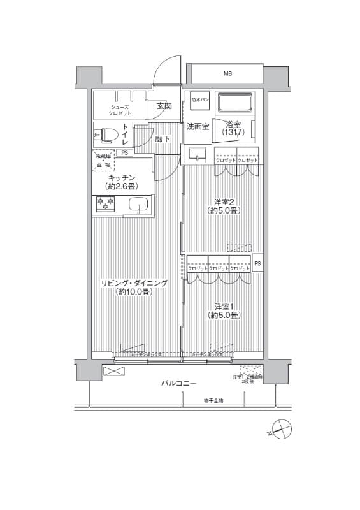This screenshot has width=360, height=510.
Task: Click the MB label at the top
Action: (x=227, y=75)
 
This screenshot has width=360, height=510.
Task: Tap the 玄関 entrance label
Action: (x=164, y=106)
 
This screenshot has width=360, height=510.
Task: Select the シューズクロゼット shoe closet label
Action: (x=120, y=110)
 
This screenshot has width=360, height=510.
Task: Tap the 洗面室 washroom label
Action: (x=198, y=127)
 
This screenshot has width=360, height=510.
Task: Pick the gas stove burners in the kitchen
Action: (x=104, y=204)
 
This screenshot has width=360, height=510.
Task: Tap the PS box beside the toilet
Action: (x=124, y=152)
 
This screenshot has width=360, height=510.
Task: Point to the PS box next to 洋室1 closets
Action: (x=257, y=263)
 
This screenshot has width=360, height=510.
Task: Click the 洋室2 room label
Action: (x=224, y=206)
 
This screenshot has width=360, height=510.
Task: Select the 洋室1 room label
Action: (x=224, y=310)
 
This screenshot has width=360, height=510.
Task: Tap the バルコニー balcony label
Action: (x=178, y=383)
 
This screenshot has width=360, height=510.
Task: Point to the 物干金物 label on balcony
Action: (x=213, y=400)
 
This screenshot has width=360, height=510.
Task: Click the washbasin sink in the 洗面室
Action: (x=197, y=154)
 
